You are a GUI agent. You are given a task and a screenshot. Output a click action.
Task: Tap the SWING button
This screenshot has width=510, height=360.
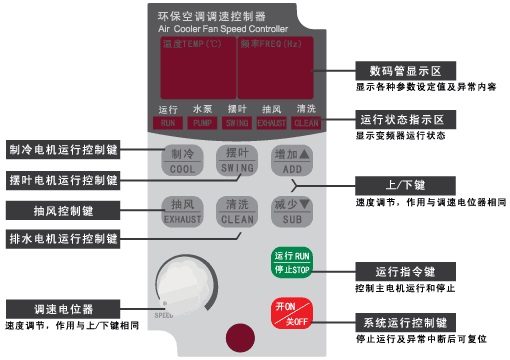237,160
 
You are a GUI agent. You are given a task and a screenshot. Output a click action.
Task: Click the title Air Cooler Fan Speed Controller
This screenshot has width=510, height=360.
236,31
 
